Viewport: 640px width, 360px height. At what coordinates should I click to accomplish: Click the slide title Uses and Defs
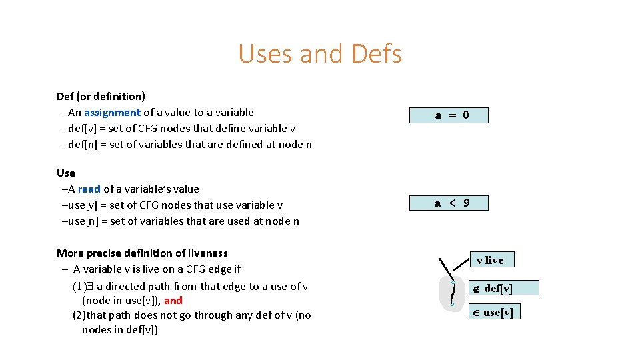click(x=320, y=54)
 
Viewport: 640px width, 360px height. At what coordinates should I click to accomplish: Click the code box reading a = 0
click(x=451, y=115)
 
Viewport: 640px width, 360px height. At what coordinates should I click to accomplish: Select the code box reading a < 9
click(x=451, y=203)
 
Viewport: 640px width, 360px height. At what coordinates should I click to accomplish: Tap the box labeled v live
click(x=490, y=260)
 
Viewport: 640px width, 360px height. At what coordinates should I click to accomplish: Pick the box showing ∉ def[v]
click(x=494, y=288)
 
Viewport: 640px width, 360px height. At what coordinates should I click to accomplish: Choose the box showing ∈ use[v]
click(x=494, y=312)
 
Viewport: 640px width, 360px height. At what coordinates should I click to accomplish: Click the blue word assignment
click(x=112, y=112)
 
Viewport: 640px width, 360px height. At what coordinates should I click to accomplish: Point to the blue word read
click(x=89, y=189)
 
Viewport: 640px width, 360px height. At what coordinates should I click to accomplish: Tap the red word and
click(x=173, y=300)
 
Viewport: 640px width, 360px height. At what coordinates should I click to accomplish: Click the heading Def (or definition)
click(x=101, y=96)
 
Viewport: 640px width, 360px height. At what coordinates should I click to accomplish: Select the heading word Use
click(x=66, y=173)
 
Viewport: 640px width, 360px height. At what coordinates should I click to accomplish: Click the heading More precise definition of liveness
click(x=142, y=253)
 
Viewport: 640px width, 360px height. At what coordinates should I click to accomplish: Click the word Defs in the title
click(x=376, y=54)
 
